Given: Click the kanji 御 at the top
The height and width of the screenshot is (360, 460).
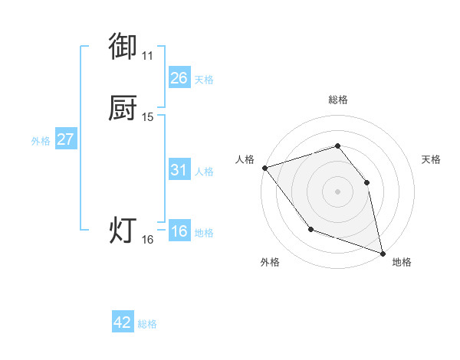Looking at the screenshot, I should [123, 47].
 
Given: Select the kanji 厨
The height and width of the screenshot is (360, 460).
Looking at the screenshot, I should [123, 109].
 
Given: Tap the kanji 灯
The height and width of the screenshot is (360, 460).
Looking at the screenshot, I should [123, 231].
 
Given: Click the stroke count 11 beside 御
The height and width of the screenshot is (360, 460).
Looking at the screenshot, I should [147, 56].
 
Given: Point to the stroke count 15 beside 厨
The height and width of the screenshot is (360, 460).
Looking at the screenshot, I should [148, 117].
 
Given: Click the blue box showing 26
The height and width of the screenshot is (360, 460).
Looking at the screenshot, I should [179, 78].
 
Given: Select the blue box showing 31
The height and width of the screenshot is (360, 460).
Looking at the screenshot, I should [179, 170].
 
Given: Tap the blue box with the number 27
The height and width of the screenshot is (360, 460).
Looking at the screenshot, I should [66, 139].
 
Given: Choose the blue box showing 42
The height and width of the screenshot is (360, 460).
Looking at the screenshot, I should [123, 322].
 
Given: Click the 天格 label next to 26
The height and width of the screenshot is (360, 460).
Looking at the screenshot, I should [204, 80].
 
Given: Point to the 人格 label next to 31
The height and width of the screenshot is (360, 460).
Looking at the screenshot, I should [204, 172].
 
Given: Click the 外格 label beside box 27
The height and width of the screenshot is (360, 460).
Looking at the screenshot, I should [41, 141].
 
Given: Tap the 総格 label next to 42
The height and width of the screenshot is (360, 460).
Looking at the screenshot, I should [147, 324].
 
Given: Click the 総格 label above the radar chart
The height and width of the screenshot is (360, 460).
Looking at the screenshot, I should [338, 100].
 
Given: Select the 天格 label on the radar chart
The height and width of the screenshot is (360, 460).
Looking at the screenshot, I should [431, 159].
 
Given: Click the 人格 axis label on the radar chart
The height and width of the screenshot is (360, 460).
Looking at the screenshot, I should [245, 159].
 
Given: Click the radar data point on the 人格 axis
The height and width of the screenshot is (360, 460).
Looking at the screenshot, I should [264, 168].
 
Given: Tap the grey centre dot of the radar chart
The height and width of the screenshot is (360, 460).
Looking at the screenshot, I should [338, 191].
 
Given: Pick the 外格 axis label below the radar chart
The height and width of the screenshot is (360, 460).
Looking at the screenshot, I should [270, 263].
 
